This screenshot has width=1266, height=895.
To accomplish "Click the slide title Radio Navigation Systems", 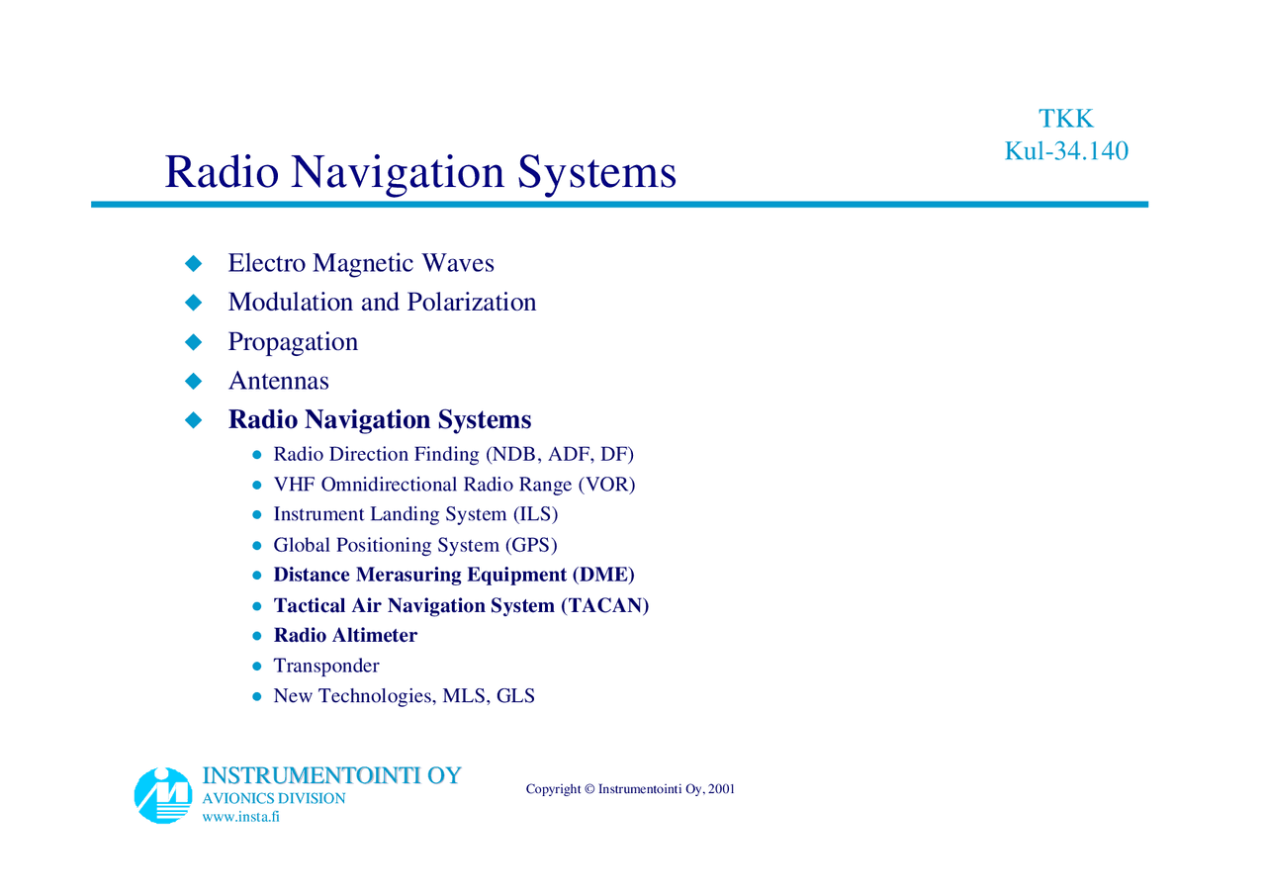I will (420, 171).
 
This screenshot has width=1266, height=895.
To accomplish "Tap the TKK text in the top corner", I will (1065, 119).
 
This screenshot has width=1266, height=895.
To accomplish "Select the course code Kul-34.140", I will (1066, 151).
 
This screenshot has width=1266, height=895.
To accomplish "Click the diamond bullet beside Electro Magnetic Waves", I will (194, 263).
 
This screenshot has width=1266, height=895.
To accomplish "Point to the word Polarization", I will (472, 302).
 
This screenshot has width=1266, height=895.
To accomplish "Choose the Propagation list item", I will (293, 342).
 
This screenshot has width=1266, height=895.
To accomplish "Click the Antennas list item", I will (278, 381).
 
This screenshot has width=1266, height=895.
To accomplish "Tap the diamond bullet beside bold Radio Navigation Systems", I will (194, 420).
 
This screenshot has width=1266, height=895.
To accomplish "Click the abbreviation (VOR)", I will (606, 485).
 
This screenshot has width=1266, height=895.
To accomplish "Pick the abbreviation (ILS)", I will (534, 515).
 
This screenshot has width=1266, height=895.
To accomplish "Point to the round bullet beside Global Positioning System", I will (256, 546).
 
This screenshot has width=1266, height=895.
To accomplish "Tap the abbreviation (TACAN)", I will (604, 605).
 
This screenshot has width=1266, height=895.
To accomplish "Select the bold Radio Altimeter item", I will (345, 636).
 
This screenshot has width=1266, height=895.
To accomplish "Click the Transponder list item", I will (325, 667).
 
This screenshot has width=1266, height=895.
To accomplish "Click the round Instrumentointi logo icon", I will (163, 795).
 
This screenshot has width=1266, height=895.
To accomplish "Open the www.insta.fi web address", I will (240, 817).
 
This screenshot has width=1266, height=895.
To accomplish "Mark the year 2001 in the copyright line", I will (721, 789).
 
